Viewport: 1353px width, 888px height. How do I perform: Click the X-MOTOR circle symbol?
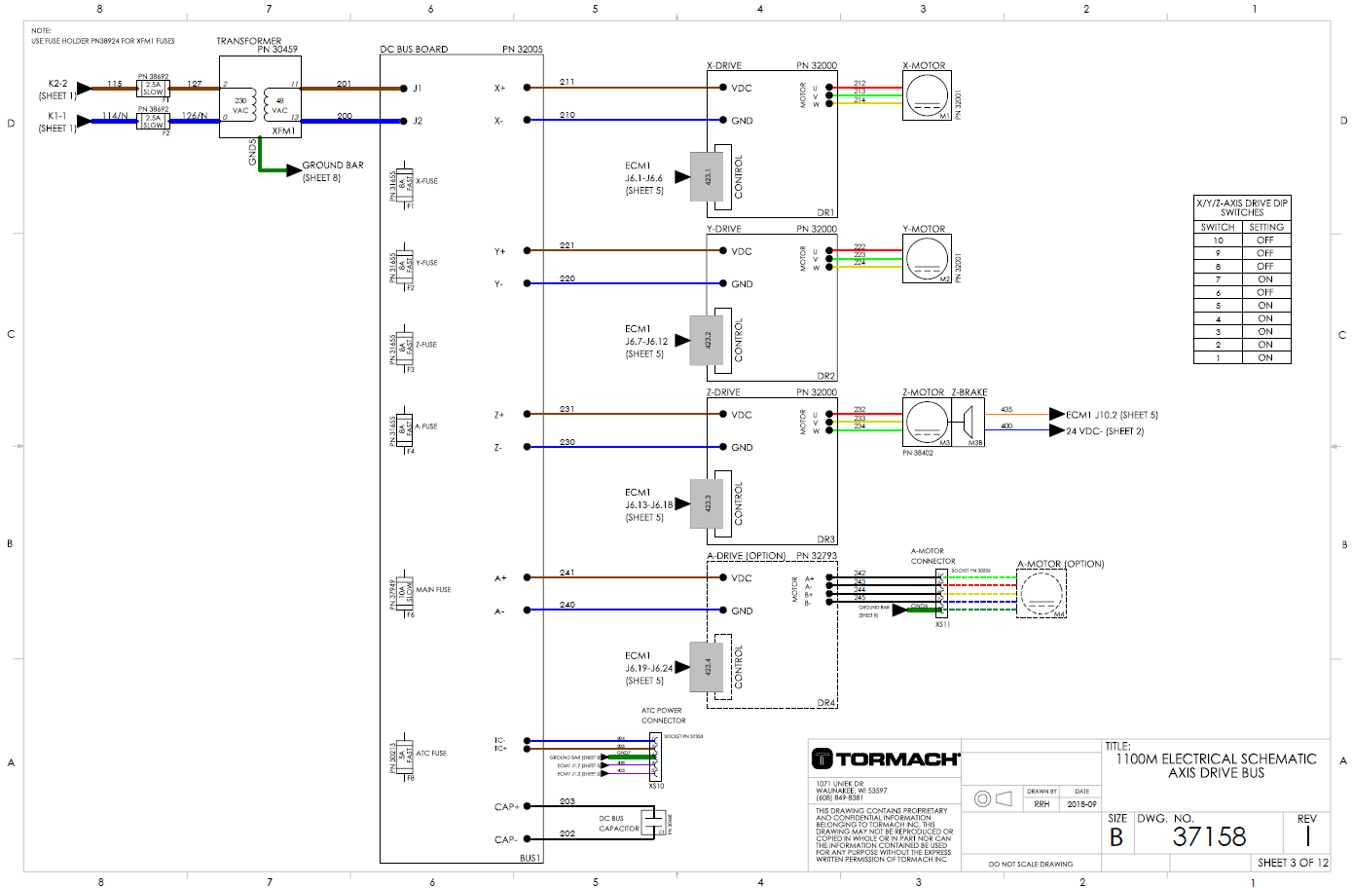[x=927, y=95]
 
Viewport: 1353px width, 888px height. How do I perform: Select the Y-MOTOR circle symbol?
[x=927, y=259]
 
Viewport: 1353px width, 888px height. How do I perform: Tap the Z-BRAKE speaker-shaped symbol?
[x=969, y=423]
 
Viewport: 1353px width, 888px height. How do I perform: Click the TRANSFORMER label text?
[x=248, y=41]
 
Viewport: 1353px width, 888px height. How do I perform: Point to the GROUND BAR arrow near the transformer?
[x=293, y=170]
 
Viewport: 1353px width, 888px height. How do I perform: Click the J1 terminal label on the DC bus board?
[x=418, y=89]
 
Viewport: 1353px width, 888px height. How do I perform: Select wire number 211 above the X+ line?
[x=567, y=82]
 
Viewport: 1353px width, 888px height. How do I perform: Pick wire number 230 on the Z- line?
[x=567, y=442]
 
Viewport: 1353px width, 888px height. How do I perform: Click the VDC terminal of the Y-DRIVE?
[x=741, y=251]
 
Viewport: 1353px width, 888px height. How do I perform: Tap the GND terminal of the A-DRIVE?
[x=741, y=611]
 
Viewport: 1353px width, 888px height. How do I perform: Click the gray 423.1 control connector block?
[x=707, y=177]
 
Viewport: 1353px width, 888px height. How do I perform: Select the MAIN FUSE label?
[x=433, y=590]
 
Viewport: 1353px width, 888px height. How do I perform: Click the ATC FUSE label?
[x=431, y=754]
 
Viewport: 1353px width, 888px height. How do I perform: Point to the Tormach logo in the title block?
[x=886, y=758]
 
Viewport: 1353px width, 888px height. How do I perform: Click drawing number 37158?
[x=1209, y=836]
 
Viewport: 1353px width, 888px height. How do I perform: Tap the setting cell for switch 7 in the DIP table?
[x=1265, y=279]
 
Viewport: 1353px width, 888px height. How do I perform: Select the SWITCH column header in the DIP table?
[x=1218, y=227]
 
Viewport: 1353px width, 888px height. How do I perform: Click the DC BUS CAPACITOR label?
[x=619, y=824]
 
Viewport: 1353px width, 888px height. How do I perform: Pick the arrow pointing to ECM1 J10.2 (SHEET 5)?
[x=1056, y=414]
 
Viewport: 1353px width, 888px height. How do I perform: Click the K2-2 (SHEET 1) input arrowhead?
[x=84, y=89]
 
